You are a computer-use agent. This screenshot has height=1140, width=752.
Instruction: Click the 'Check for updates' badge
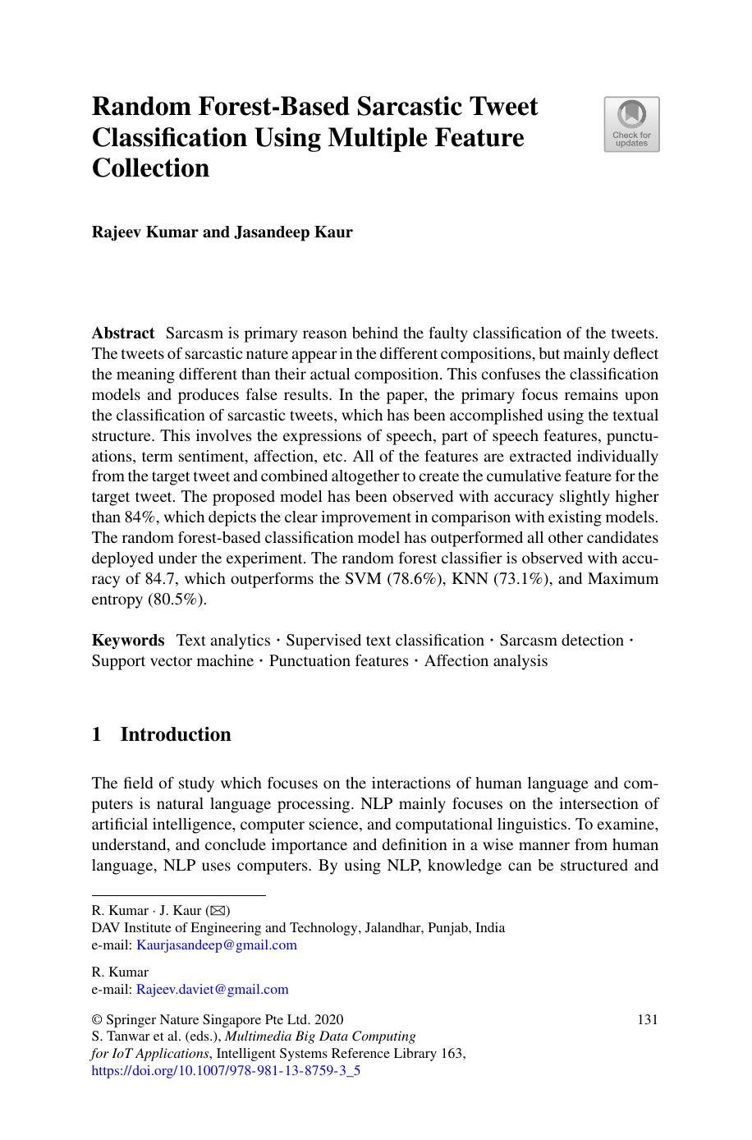631,124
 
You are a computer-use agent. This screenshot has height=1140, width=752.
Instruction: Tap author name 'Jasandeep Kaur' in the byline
294,232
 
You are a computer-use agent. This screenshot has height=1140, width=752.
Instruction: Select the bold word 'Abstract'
123,333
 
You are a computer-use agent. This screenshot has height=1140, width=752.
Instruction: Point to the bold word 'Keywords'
128,641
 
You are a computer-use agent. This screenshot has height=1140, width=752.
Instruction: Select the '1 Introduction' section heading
162,734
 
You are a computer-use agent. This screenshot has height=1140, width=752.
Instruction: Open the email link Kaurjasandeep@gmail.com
217,945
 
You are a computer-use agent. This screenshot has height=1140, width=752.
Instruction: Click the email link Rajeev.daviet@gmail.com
213,990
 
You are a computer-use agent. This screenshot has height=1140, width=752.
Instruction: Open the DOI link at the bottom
226,1070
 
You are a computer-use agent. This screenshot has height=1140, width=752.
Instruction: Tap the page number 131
648,1020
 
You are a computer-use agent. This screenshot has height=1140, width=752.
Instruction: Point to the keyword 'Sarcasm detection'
562,641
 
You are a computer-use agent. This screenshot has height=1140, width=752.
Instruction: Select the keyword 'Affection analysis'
486,661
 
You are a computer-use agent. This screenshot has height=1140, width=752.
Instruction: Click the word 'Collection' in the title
150,168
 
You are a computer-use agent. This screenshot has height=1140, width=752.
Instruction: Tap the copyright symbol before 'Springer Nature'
97,1020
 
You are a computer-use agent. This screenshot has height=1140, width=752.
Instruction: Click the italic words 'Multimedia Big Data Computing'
320,1037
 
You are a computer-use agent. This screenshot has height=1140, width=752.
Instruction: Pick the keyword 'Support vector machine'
172,661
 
